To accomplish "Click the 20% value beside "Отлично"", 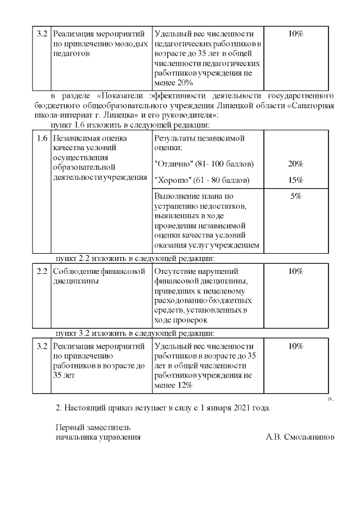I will [x=296, y=164].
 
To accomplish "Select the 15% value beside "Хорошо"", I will [x=296, y=180].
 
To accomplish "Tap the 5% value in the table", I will [x=296, y=196].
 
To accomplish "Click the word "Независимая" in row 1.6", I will [x=78, y=138].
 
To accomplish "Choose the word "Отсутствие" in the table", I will [x=177, y=272].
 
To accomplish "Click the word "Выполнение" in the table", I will [x=178, y=196].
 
